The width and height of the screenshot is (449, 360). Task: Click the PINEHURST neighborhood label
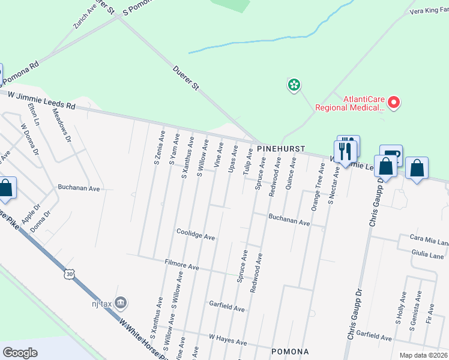click(281, 148)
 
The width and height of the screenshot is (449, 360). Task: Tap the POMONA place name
click(291, 351)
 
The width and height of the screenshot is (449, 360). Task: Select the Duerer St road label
click(186, 79)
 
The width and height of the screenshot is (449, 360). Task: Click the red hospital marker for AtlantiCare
click(394, 103)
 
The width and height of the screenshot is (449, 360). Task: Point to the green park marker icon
click(294, 85)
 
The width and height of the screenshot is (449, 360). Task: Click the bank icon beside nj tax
click(121, 302)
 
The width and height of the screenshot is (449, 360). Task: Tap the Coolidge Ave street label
click(196, 234)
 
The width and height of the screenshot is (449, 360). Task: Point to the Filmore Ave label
click(181, 265)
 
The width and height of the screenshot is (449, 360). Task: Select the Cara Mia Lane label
click(429, 242)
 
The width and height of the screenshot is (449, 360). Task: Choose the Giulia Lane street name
click(427, 256)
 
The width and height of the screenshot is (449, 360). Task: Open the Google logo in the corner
click(20, 353)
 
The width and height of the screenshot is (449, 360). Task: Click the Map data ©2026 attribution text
click(424, 355)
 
